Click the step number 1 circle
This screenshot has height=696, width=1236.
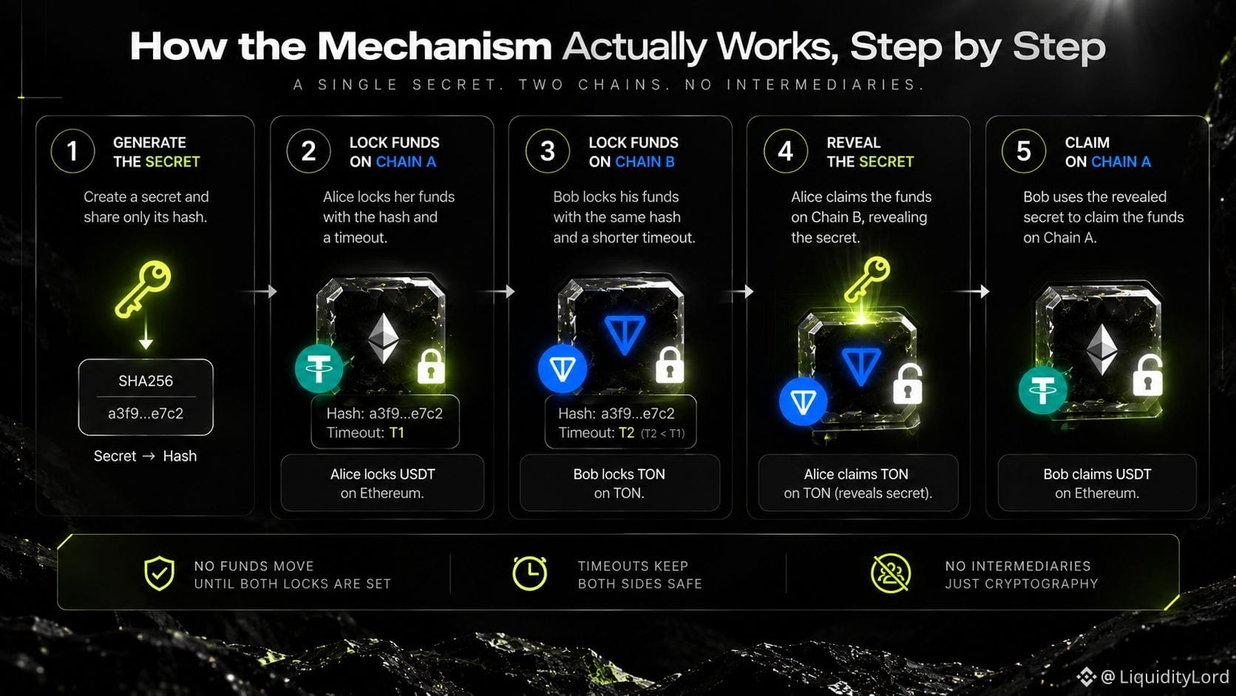pos(72,151)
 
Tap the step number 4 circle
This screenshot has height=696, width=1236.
pos(785,151)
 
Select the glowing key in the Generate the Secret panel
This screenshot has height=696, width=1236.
pos(143,289)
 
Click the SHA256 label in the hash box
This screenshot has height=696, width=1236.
pos(146,381)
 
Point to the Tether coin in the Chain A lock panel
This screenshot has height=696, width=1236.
pos(319,368)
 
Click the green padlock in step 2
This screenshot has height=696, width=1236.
pos(431,365)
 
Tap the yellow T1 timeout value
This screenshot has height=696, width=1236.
pos(397,433)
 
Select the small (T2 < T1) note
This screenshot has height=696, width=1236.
pos(662,433)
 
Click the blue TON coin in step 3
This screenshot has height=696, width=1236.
pos(563,368)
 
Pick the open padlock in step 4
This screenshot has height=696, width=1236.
pos(908,384)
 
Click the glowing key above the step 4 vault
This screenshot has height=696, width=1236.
pos(867,279)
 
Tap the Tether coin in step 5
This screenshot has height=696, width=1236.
pos(1042,390)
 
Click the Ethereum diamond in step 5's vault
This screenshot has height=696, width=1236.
pos(1102,349)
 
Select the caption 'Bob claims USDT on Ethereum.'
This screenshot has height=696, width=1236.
pos(1097,484)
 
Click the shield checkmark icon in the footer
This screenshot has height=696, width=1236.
pos(159,573)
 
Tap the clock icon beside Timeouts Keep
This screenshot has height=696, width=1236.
pos(530,573)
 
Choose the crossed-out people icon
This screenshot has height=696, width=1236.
pos(891,573)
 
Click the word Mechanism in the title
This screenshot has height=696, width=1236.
pos(434,47)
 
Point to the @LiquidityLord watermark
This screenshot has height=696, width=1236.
pos(1153,677)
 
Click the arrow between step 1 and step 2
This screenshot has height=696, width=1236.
pos(259,291)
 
